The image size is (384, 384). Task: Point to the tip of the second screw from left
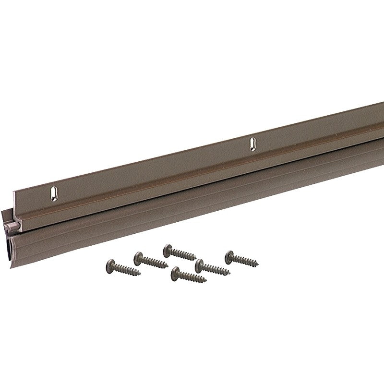pyautogui.click(x=166, y=265)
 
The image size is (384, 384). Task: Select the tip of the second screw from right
pyautogui.click(x=230, y=274)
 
